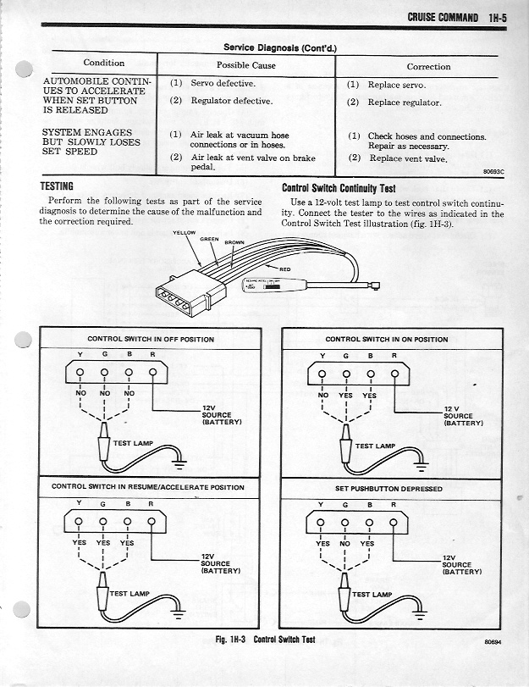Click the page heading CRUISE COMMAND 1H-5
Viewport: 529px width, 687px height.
(x=455, y=16)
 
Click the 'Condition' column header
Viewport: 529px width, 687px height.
(x=103, y=63)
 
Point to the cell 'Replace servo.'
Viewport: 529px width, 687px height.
(x=396, y=85)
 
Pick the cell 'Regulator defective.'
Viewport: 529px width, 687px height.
(x=231, y=101)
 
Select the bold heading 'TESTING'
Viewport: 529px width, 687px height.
(x=57, y=186)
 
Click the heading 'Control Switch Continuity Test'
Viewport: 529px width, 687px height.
(x=339, y=188)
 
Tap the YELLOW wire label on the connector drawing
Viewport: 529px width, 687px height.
(x=185, y=232)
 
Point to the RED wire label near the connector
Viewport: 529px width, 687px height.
(x=284, y=269)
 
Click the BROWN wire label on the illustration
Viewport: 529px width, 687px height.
(x=234, y=242)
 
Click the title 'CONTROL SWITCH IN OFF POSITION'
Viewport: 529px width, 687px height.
(x=139, y=339)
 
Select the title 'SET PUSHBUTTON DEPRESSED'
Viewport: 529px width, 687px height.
(x=388, y=489)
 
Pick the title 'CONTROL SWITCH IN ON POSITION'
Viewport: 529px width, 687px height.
(x=386, y=339)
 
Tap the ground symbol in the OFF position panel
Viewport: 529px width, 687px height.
(x=179, y=463)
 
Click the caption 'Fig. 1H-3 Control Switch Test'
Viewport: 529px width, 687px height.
(x=265, y=640)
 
